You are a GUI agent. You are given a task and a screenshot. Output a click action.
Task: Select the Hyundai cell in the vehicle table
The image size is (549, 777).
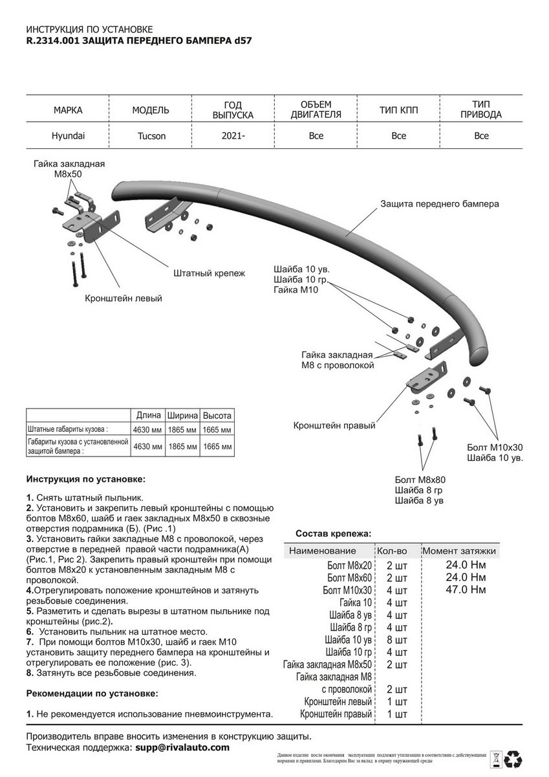68,136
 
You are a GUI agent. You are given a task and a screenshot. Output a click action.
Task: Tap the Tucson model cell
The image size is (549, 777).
151,136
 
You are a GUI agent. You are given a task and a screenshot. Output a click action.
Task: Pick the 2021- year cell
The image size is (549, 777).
233,136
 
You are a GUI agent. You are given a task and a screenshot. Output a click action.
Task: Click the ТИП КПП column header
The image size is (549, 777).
398,110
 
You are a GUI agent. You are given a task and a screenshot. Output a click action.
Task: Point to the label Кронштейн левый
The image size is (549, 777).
123,298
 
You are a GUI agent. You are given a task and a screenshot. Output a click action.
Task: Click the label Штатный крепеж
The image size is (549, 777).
209,273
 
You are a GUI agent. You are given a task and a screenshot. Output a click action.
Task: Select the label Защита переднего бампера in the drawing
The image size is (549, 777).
439,204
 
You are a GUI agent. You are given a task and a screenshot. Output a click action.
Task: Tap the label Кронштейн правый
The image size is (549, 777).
334,426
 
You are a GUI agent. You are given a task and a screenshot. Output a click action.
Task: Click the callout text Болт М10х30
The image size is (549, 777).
495,447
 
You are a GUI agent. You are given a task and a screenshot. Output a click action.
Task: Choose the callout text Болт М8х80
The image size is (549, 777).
420,480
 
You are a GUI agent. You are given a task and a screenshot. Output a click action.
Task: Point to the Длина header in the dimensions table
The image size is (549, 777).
149,416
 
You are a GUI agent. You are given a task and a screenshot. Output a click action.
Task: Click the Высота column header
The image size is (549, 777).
217,416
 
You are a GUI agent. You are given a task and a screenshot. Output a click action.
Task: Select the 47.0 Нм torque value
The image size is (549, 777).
466,589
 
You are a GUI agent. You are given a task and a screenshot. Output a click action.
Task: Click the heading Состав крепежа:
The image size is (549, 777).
333,534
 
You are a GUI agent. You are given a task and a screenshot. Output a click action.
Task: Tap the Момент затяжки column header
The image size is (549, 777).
459,551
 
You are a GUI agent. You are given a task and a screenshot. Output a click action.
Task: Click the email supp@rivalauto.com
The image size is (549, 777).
182,747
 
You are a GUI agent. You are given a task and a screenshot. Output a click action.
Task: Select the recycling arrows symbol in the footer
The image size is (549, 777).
515,758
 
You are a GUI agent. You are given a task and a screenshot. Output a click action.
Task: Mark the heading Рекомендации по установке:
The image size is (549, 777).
92,693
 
